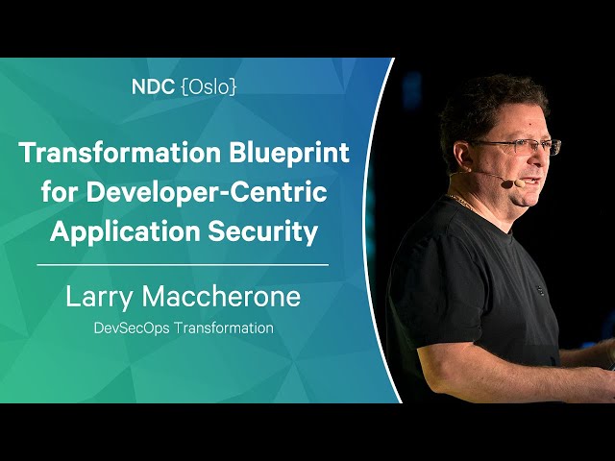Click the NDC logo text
pyautogui.click(x=153, y=87)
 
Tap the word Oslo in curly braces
pyautogui.click(x=209, y=87)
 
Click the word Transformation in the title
pyautogui.click(x=120, y=153)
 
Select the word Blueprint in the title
pyautogui.click(x=289, y=154)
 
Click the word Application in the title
pyautogui.click(x=125, y=232)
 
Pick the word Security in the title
pyautogui.click(x=262, y=232)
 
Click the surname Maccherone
pyautogui.click(x=221, y=297)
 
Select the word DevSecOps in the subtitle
pyautogui.click(x=132, y=328)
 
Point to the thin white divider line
pyautogui.click(x=183, y=265)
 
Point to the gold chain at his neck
pyautogui.click(x=459, y=201)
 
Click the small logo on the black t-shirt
pyautogui.click(x=540, y=290)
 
